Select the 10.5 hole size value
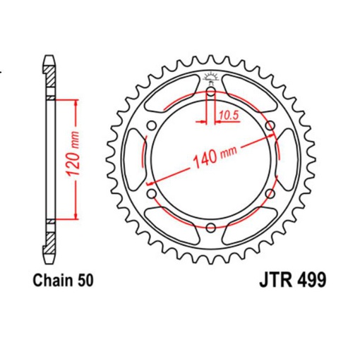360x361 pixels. [227, 114]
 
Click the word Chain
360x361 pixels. [52, 281]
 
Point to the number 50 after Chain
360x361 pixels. [85, 281]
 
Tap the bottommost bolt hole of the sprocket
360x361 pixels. [210, 227]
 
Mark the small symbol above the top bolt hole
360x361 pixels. [210, 77]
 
